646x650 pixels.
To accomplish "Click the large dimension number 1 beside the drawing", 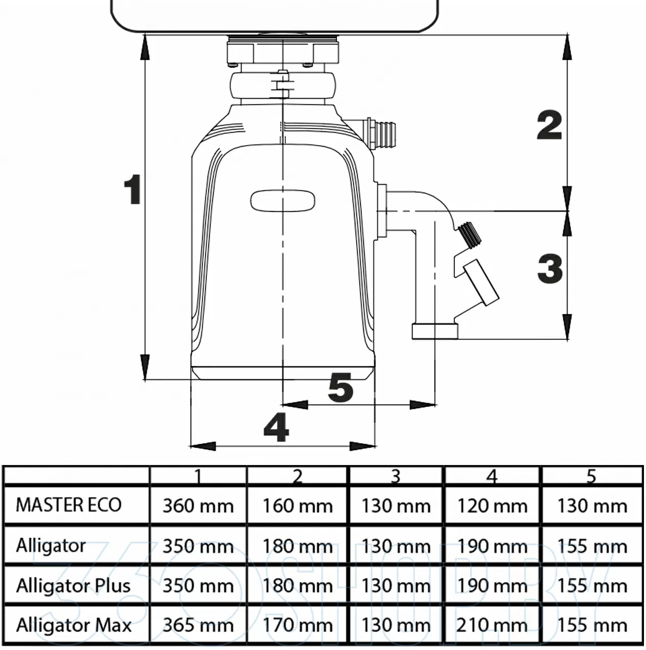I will (x=133, y=190).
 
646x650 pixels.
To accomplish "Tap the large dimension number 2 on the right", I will (x=549, y=126).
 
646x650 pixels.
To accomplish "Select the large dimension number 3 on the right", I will (x=550, y=269).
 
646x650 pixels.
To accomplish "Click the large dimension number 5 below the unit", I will (x=340, y=387).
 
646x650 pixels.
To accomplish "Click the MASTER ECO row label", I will (x=68, y=505).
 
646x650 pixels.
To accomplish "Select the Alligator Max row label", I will (x=74, y=625).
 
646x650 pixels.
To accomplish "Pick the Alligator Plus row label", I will (x=73, y=586).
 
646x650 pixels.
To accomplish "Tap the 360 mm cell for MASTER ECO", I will (x=198, y=506).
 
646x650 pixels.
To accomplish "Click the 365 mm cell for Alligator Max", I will (x=198, y=625).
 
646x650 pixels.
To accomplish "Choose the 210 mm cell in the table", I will (x=492, y=625).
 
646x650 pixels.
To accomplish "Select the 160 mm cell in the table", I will (x=297, y=506).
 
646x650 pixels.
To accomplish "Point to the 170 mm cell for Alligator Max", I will (x=297, y=625).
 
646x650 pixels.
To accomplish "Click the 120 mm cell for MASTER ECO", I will (x=492, y=506).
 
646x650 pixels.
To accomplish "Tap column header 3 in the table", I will (x=396, y=476).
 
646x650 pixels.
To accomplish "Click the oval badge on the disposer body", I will (x=282, y=200).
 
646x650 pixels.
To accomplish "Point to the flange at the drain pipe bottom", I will (x=435, y=331).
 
